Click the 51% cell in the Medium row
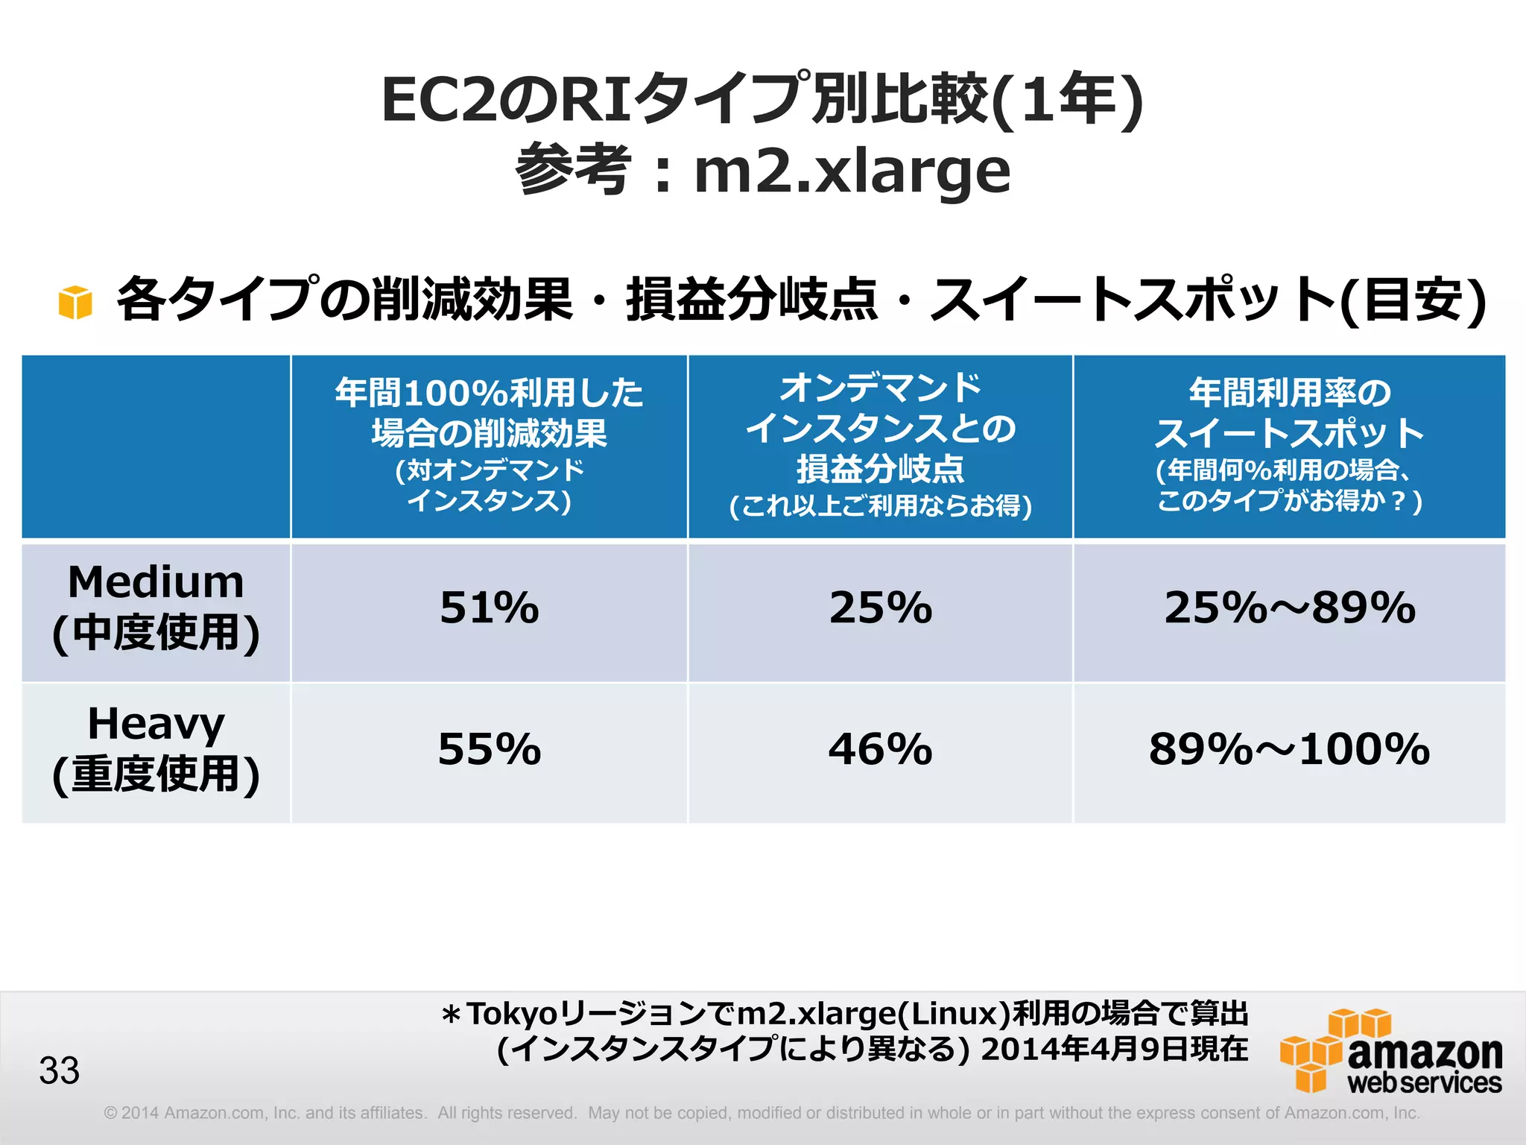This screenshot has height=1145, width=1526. click(x=489, y=608)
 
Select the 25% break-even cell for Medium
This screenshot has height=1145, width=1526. click(x=880, y=608)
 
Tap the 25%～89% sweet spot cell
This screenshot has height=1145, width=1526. click(x=1289, y=608)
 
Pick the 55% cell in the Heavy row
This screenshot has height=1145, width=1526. click(x=489, y=749)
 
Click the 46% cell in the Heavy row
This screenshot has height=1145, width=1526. click(x=880, y=749)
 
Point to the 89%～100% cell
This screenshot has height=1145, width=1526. click(x=1289, y=749)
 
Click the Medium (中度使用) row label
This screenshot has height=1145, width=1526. click(x=156, y=608)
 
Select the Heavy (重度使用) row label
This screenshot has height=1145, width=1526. click(x=156, y=749)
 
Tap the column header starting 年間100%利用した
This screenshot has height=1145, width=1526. click(x=489, y=446)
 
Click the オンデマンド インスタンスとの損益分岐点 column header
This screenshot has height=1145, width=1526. click(x=880, y=446)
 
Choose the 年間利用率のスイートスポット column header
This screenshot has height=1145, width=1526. click(x=1289, y=446)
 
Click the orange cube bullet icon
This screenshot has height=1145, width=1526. click(x=75, y=302)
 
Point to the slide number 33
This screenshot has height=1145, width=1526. click(x=60, y=1070)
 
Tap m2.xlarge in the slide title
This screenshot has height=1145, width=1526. click(x=852, y=171)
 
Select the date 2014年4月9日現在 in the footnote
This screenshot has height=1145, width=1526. click(x=1114, y=1049)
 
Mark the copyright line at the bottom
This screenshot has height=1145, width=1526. click(x=762, y=1113)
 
